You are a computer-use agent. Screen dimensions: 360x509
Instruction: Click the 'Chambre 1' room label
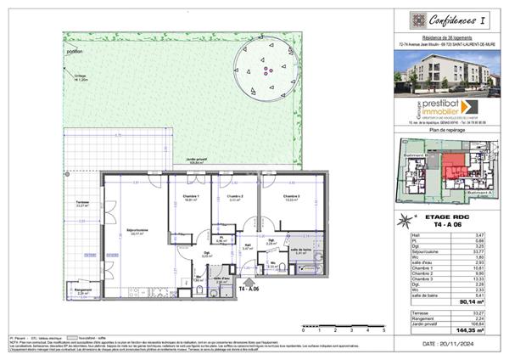pos(181,199)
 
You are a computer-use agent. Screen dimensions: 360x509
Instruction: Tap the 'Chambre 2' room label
pos(226,199)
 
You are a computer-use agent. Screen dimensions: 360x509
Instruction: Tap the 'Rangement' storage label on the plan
pos(82,290)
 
